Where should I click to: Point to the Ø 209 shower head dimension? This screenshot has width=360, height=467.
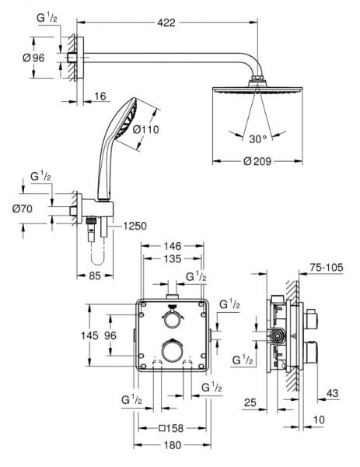257,162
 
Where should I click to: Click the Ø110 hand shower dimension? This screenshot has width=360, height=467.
148,130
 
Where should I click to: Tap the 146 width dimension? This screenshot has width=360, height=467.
173,244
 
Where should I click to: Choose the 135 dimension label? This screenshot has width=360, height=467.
173,260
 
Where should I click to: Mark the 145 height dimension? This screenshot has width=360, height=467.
90,336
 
